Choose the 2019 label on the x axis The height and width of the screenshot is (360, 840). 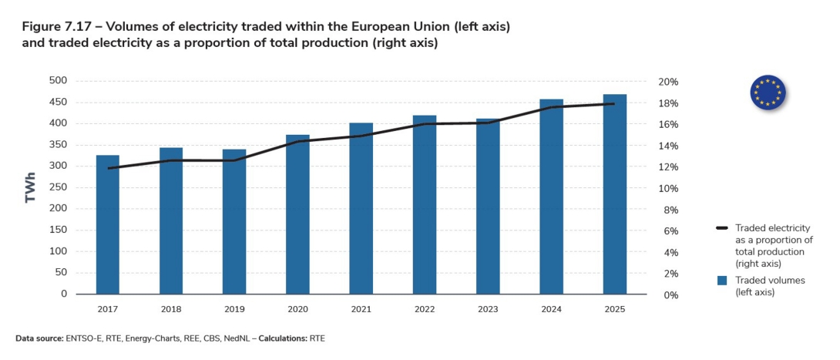234,309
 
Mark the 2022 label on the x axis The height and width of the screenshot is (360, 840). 424,309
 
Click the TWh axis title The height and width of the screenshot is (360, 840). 31,187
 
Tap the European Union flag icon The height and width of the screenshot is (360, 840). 768,93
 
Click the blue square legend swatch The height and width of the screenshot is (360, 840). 722,281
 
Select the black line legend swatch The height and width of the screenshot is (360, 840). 722,228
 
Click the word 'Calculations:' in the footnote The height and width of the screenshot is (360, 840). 284,338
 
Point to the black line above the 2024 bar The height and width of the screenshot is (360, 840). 550,107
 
